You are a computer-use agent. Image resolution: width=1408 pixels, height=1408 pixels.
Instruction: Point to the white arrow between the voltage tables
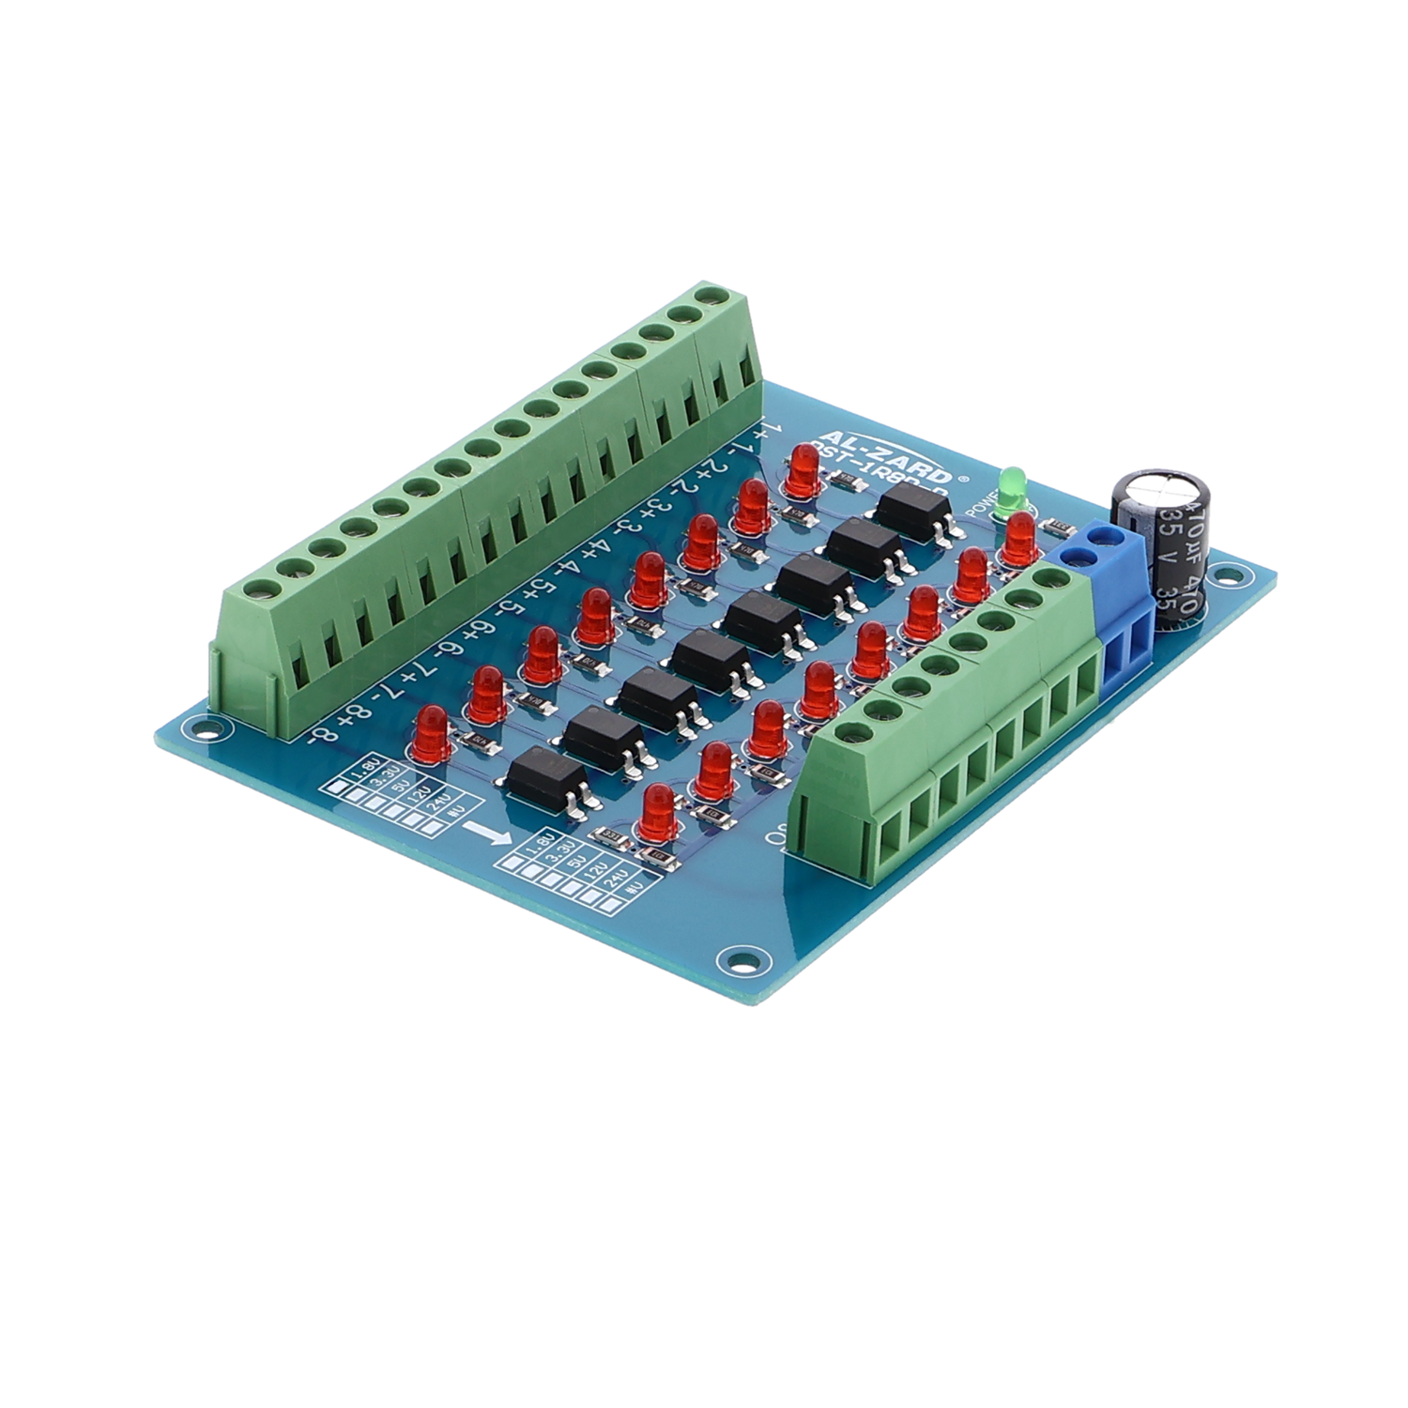tap(491, 833)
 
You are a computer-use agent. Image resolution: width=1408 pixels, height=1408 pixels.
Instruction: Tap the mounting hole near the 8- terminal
tap(194, 726)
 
